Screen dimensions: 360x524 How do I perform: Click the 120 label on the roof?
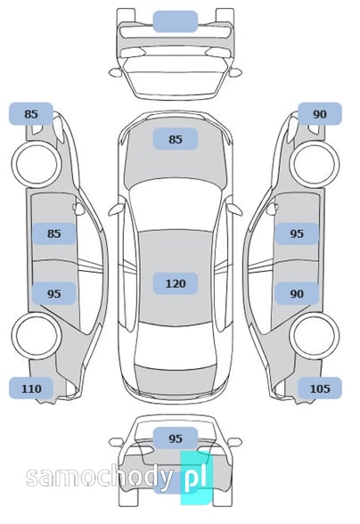click(x=176, y=283)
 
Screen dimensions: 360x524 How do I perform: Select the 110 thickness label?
click(x=31, y=389)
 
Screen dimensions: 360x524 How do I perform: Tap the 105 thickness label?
click(x=320, y=389)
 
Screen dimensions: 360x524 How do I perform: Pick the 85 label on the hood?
click(x=176, y=139)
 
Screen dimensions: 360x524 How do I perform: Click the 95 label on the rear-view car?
click(x=176, y=438)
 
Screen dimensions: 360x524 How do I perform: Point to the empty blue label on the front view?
click(x=176, y=21)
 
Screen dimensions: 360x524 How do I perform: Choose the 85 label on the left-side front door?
click(x=54, y=233)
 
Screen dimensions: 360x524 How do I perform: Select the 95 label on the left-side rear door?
click(x=54, y=293)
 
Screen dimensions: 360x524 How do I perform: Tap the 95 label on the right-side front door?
click(x=297, y=233)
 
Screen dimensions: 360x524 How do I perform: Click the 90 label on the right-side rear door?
click(x=297, y=293)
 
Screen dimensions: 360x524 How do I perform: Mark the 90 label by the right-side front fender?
click(x=320, y=114)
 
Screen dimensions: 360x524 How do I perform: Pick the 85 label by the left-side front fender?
click(x=31, y=114)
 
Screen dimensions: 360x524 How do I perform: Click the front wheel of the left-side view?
click(x=37, y=164)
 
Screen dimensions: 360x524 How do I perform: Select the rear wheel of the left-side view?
click(x=37, y=336)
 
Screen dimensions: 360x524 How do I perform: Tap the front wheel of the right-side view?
click(x=315, y=164)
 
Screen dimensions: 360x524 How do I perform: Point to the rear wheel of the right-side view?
click(x=315, y=335)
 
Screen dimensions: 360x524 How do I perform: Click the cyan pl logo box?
click(x=197, y=478)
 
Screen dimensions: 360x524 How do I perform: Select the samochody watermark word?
click(x=100, y=478)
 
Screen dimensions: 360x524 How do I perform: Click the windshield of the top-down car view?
click(x=175, y=207)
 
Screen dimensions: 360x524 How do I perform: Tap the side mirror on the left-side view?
click(x=79, y=209)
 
